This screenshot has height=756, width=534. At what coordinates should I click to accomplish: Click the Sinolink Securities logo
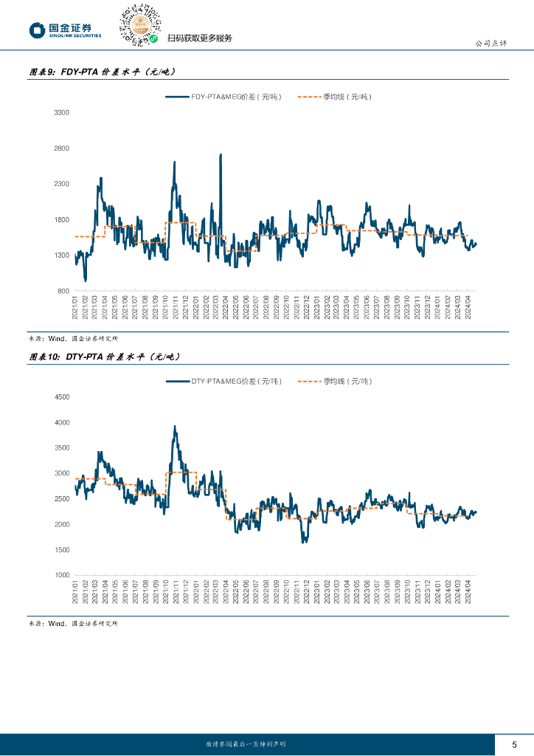pyautogui.click(x=65, y=30)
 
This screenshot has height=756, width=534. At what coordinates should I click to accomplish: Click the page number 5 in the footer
pyautogui.click(x=514, y=743)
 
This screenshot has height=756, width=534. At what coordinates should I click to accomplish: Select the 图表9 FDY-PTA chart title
pyautogui.click(x=103, y=72)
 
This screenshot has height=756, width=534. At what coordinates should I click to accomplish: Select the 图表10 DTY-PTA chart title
pyautogui.click(x=105, y=357)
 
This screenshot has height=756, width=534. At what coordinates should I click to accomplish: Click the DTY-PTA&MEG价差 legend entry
pyautogui.click(x=224, y=381)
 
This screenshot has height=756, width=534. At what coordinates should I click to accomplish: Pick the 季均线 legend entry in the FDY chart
pyautogui.click(x=336, y=97)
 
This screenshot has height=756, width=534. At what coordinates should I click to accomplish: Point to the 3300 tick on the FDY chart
pyautogui.click(x=61, y=112)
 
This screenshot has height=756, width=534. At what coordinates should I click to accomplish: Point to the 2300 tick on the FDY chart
pyautogui.click(x=61, y=184)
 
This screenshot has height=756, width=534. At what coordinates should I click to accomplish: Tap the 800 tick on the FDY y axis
pyautogui.click(x=63, y=291)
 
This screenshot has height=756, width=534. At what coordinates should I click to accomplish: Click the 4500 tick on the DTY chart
pyautogui.click(x=61, y=397)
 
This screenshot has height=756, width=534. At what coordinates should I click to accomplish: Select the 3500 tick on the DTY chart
pyautogui.click(x=61, y=448)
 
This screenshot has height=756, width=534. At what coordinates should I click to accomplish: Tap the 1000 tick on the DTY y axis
pyautogui.click(x=61, y=575)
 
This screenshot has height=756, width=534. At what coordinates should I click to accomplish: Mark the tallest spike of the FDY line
pyautogui.click(x=221, y=155)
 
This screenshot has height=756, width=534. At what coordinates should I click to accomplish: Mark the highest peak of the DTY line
pyautogui.click(x=175, y=426)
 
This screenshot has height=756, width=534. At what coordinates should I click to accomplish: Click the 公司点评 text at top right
pyautogui.click(x=490, y=43)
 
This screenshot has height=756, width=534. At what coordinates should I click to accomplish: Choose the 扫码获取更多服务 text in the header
pyautogui.click(x=200, y=38)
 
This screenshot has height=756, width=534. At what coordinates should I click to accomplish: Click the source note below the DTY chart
pyautogui.click(x=73, y=624)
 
